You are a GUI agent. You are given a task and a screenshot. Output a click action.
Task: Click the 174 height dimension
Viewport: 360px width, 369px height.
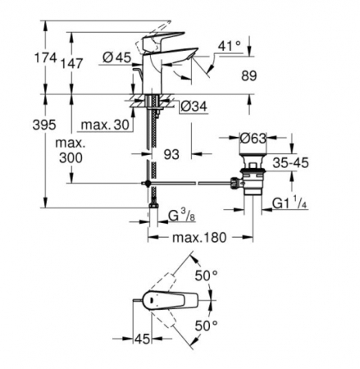point(45,58)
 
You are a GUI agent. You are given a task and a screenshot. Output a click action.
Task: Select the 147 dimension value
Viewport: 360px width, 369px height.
point(71,63)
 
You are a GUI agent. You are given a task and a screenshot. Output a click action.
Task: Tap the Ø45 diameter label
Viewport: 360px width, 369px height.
point(117,57)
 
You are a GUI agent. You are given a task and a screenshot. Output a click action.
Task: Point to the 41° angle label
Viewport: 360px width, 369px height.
point(230,46)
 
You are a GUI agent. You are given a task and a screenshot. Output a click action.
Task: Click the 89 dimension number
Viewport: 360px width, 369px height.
point(249,75)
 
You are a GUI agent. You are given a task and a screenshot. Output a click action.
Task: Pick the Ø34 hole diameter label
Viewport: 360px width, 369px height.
point(194,107)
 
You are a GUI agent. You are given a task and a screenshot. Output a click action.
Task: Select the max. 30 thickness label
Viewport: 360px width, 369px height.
point(105,125)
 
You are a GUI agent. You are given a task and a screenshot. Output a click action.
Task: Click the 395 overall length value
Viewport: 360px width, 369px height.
point(44,125)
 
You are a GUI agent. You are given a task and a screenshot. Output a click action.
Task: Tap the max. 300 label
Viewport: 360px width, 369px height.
point(71,150)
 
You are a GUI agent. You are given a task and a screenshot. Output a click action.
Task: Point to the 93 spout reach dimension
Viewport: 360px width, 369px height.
point(171,155)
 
